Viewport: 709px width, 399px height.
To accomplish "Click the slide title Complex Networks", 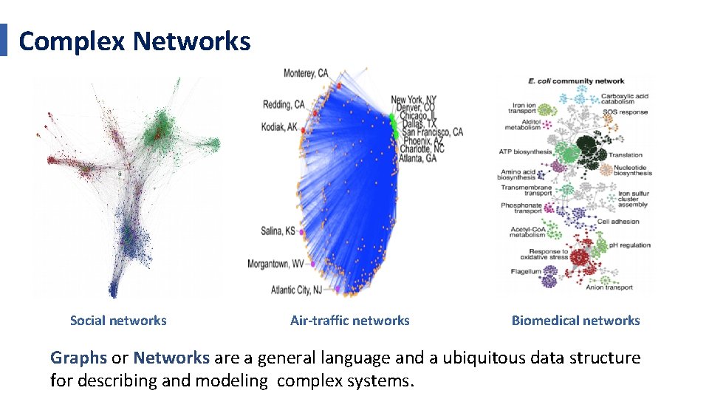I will tap(134, 41).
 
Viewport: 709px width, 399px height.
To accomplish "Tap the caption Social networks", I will tap(118, 321).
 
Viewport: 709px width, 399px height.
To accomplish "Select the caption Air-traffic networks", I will tap(349, 321).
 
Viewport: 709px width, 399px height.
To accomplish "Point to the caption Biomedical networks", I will tap(575, 321).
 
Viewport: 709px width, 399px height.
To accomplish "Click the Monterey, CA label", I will tap(306, 73).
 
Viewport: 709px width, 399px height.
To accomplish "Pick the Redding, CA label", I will tap(284, 105).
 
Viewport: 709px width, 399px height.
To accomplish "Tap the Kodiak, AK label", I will tap(279, 127).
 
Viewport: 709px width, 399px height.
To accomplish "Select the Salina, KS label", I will tap(278, 231).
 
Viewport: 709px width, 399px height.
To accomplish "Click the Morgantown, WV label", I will tap(275, 263).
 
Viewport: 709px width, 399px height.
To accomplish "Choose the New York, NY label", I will tap(414, 100).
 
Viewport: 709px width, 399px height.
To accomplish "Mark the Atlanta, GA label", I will tap(417, 158).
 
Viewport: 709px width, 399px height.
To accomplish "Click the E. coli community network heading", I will tap(576, 81).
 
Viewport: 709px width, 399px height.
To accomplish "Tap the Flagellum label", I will tap(526, 272).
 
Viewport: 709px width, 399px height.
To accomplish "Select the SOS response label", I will tap(625, 112).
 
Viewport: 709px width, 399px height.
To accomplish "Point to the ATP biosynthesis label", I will tap(525, 152).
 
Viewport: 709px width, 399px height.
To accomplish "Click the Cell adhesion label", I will tap(618, 222).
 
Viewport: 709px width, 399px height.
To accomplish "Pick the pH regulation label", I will tap(630, 245).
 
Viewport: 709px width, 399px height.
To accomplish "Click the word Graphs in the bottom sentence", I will tap(78, 358).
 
